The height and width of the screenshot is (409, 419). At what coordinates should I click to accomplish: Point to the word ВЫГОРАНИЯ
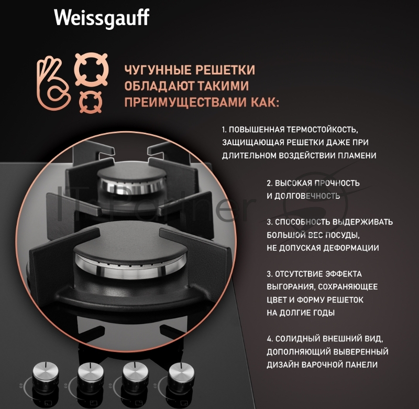[291, 287]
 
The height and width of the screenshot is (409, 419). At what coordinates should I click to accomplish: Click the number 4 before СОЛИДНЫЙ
[269, 338]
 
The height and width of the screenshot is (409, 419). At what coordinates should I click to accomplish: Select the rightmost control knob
[180, 373]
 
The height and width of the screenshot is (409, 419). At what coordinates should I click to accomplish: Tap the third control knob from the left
[134, 373]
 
